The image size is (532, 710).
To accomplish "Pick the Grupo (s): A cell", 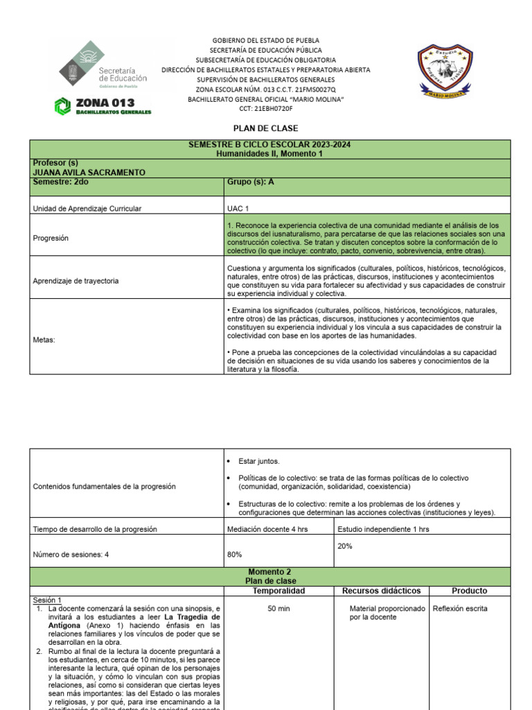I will click(251, 182).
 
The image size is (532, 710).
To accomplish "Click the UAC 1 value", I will click(238, 208).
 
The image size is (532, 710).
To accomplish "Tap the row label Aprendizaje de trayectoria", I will click(76, 281).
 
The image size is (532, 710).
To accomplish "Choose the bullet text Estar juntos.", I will click(259, 461).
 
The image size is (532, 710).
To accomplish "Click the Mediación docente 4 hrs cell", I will click(267, 529).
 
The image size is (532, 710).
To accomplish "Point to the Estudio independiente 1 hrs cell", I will click(383, 529).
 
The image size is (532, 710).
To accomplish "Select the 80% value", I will click(235, 555).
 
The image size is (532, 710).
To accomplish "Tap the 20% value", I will click(345, 546).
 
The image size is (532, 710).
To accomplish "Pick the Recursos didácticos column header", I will click(382, 591).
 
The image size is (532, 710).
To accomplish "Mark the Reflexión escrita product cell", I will click(460, 609).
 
